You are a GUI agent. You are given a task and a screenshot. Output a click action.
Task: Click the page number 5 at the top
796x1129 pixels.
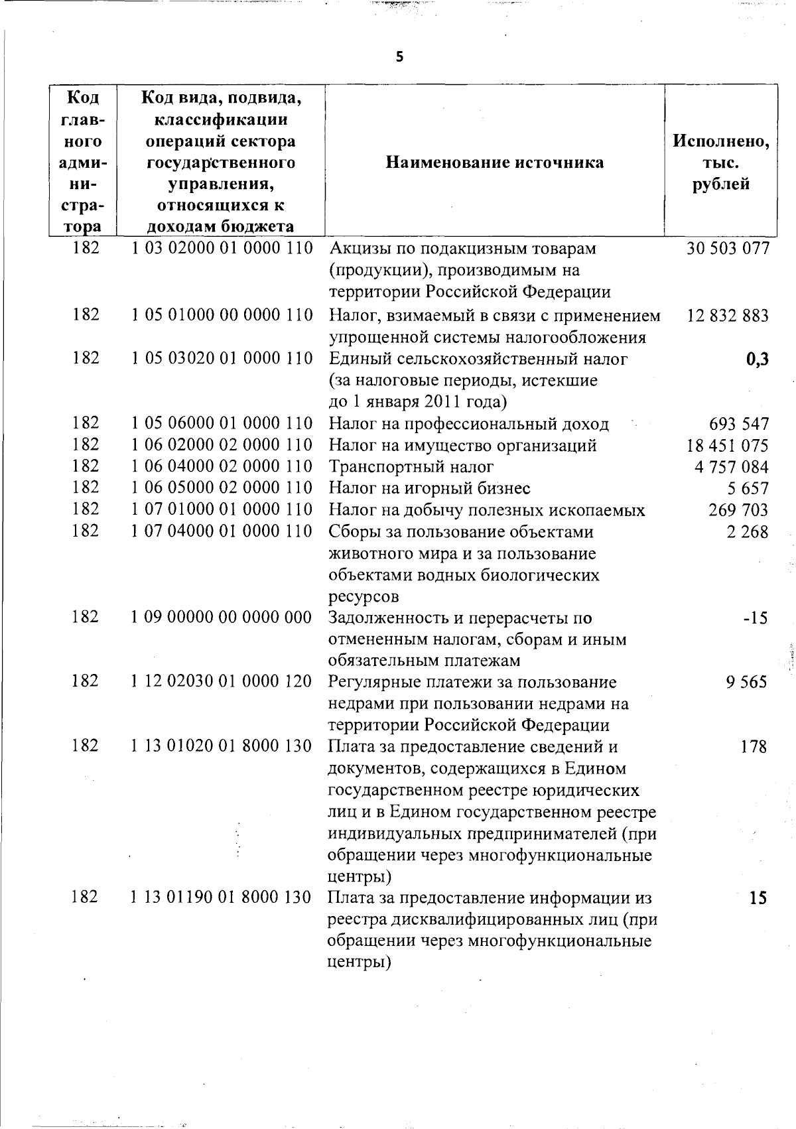pyautogui.click(x=399, y=57)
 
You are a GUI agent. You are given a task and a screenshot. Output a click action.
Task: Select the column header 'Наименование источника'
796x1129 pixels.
pyautogui.click(x=495, y=163)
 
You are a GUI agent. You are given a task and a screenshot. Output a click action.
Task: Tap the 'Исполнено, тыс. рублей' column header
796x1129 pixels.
pyautogui.click(x=721, y=163)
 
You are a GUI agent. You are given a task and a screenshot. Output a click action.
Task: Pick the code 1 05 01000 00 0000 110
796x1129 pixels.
pyautogui.click(x=222, y=314)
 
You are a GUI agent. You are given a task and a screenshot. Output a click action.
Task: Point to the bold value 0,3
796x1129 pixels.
pyautogui.click(x=756, y=360)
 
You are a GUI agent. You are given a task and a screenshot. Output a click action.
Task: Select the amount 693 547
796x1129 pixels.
pyautogui.click(x=738, y=423)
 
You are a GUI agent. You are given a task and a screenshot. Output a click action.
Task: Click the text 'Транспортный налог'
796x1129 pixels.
pyautogui.click(x=411, y=467)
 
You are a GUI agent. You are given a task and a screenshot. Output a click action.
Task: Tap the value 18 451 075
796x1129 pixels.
pyautogui.click(x=728, y=445)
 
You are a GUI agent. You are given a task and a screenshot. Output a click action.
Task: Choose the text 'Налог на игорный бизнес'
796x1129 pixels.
pyautogui.click(x=430, y=489)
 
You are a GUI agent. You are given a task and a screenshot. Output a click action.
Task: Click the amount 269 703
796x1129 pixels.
pyautogui.click(x=738, y=510)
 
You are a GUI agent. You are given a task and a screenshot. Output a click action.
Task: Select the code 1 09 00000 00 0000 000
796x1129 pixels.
pyautogui.click(x=222, y=617)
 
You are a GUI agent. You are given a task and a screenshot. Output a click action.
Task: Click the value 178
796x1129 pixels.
pyautogui.click(x=754, y=747)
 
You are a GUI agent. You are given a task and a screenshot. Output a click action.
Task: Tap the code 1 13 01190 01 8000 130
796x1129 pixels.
pyautogui.click(x=222, y=897)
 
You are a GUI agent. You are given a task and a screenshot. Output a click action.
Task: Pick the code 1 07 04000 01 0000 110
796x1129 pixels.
pyautogui.click(x=222, y=531)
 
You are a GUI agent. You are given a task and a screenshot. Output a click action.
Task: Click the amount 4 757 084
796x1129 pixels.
pyautogui.click(x=732, y=467)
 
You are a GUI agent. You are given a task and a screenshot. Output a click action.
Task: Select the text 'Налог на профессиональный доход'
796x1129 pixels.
pyautogui.click(x=469, y=424)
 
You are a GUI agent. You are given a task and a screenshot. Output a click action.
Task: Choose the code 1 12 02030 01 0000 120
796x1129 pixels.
pyautogui.click(x=222, y=681)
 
